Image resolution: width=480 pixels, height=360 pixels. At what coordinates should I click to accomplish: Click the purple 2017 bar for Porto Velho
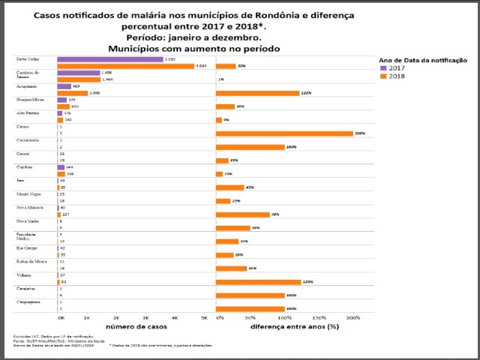(x=109, y=59)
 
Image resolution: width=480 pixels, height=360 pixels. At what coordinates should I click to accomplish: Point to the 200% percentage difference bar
(x=284, y=133)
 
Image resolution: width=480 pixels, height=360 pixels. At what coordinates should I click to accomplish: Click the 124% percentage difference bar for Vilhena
(x=258, y=282)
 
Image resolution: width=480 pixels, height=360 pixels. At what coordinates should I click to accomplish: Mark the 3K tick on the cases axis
(x=145, y=319)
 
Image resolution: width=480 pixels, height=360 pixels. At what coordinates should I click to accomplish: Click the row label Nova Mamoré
(x=31, y=207)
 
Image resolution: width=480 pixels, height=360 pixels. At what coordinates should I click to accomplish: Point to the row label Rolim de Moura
(x=31, y=261)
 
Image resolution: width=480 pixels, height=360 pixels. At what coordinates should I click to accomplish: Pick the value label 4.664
(x=201, y=66)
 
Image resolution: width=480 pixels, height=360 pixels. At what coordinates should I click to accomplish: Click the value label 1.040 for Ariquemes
(x=94, y=93)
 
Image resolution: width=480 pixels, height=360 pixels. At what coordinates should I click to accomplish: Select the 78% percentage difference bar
(x=242, y=214)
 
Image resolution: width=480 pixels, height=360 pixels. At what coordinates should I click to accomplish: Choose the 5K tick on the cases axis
(x=204, y=319)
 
